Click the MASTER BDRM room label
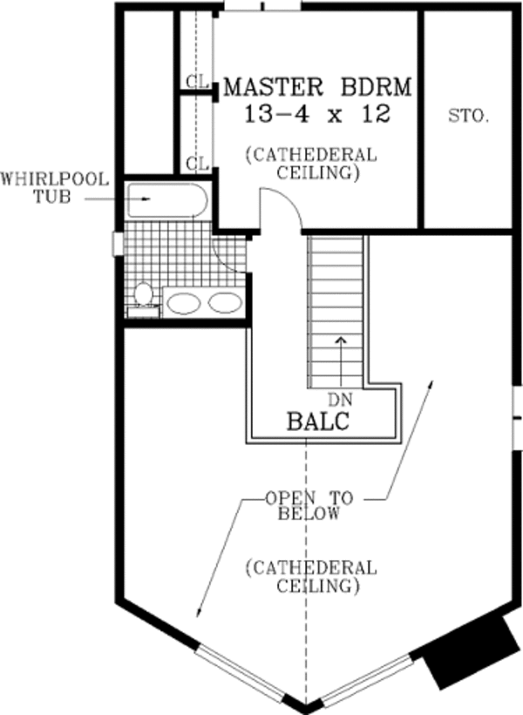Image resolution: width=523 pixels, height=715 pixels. point(317,86)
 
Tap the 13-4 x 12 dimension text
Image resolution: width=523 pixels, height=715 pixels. point(317,114)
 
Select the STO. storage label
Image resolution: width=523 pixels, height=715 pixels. point(468,116)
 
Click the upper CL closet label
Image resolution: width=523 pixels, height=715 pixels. point(198,82)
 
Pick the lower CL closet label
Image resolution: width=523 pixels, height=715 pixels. point(198,163)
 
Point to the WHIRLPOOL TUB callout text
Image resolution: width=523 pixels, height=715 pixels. point(55,187)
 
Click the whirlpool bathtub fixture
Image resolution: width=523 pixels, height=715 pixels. point(167,199)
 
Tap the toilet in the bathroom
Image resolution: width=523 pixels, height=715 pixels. point(143,300)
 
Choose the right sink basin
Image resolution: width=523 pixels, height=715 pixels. point(225,303)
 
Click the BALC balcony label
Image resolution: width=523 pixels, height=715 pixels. point(318,421)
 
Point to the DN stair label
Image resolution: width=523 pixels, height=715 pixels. point(341,400)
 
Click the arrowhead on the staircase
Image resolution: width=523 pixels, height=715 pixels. point(341,340)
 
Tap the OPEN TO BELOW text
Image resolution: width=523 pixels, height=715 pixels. point(309,506)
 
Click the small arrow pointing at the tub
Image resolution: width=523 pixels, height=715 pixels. point(118,199)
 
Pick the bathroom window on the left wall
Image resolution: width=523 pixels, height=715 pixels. point(118,244)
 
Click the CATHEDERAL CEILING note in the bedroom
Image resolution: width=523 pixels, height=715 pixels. point(312,164)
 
